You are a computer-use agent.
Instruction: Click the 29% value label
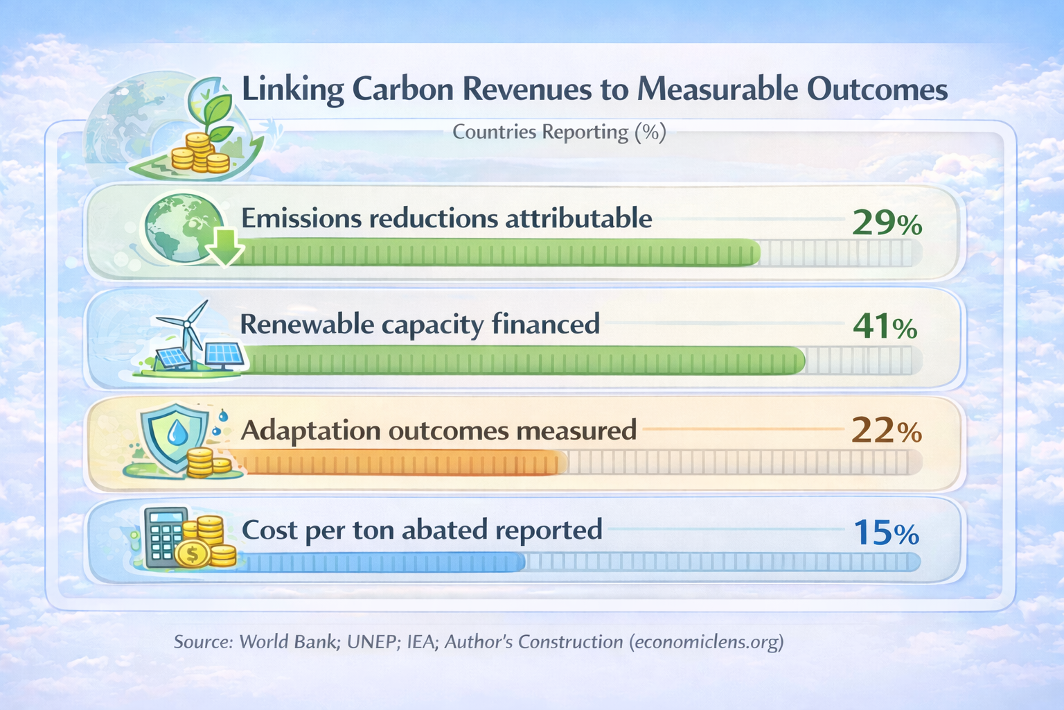click(x=887, y=223)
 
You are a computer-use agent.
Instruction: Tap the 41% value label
click(x=885, y=327)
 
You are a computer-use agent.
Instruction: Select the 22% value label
click(x=886, y=431)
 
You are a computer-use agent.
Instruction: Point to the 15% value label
click(x=886, y=532)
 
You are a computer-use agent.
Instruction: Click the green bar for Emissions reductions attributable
click(x=499, y=253)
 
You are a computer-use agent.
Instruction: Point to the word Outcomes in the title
click(x=877, y=90)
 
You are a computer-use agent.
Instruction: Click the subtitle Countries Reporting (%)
click(x=559, y=132)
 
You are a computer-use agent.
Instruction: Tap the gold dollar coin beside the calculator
click(x=193, y=554)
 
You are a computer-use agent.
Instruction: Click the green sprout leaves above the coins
click(x=215, y=111)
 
